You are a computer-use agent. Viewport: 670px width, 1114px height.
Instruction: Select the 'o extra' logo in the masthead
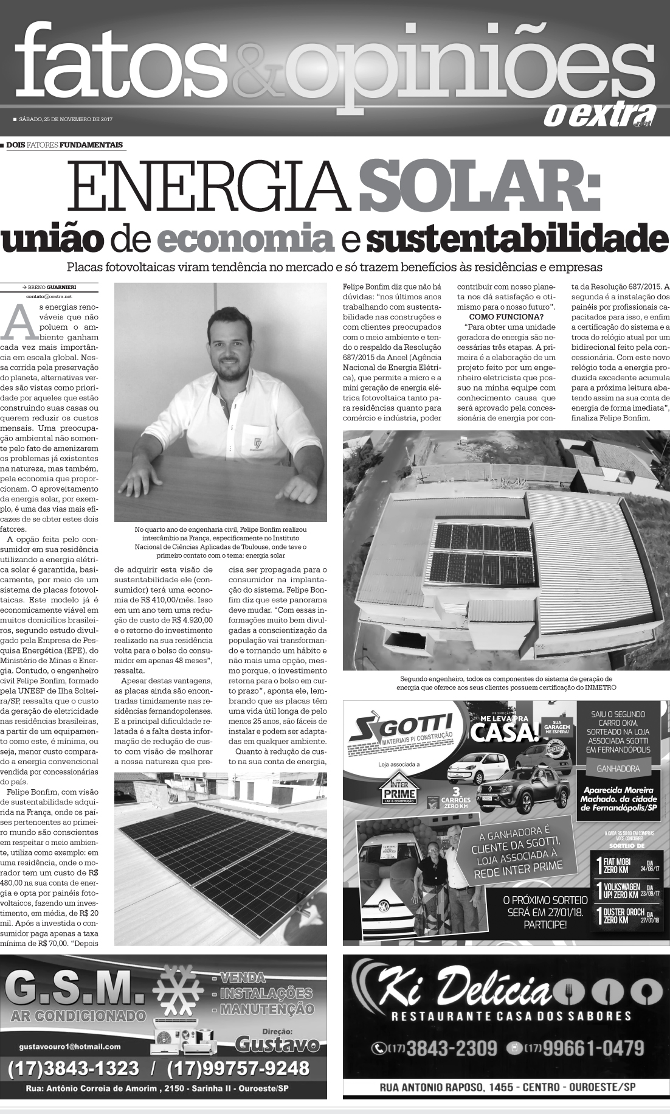(x=598, y=114)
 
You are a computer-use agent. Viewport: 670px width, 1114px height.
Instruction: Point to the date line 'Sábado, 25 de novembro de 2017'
(x=66, y=119)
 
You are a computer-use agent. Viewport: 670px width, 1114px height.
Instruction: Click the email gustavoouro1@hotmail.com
(x=70, y=1046)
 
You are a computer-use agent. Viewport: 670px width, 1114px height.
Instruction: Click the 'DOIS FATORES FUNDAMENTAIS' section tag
(x=64, y=145)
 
